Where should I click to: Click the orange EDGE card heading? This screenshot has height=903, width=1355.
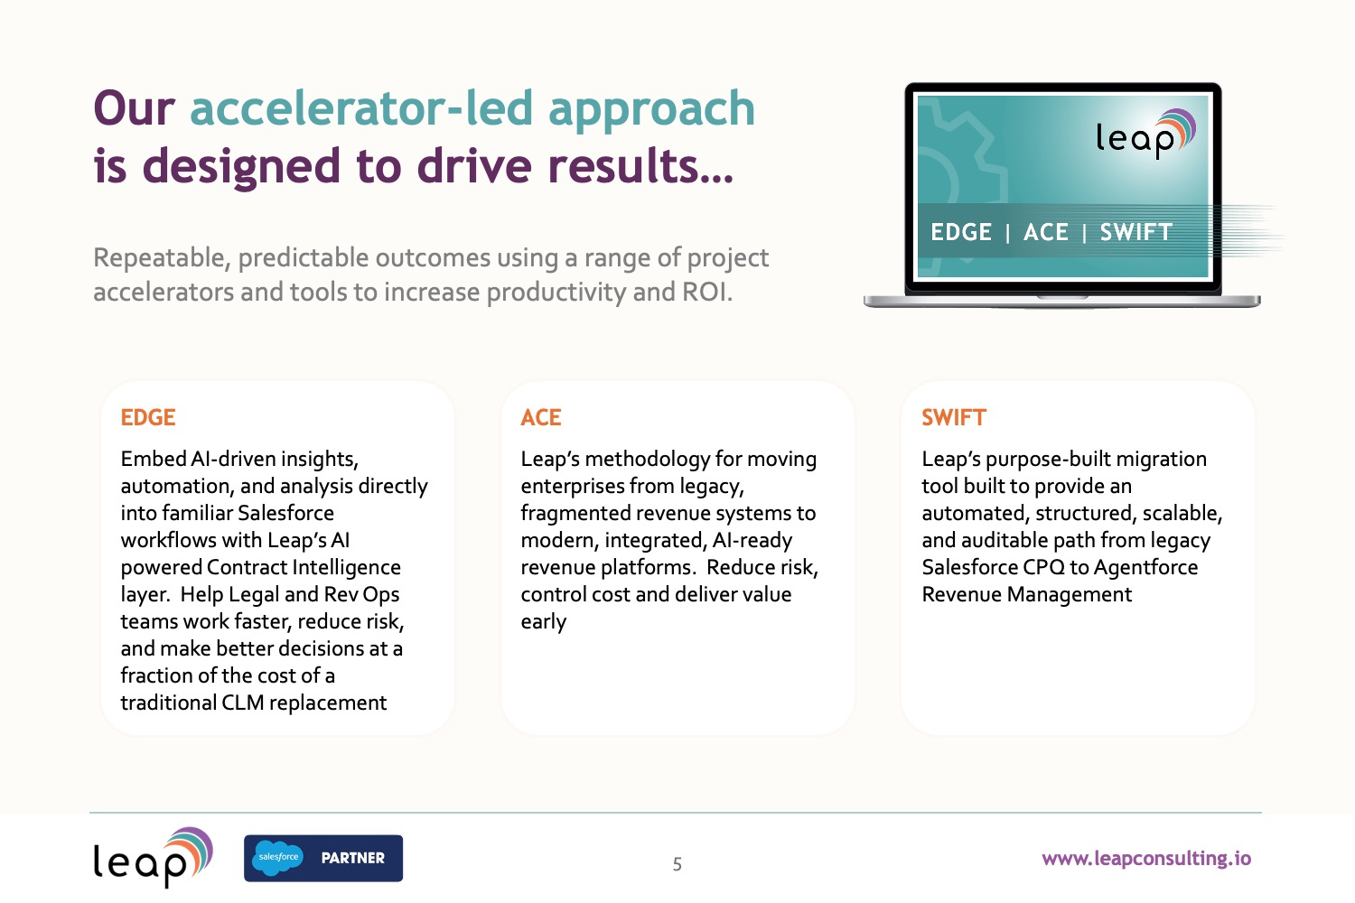pyautogui.click(x=148, y=417)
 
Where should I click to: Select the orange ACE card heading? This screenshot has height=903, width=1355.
pyautogui.click(x=541, y=417)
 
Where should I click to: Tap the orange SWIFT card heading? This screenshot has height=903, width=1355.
pyautogui.click(x=954, y=417)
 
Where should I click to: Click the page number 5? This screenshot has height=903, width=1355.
pyautogui.click(x=677, y=864)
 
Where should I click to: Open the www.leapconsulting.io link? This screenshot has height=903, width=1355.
pyautogui.click(x=1146, y=859)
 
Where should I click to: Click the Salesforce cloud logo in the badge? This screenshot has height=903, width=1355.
pyautogui.click(x=277, y=857)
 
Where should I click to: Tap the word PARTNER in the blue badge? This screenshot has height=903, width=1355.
pyautogui.click(x=352, y=858)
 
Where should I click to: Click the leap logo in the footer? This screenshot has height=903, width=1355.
pyautogui.click(x=153, y=857)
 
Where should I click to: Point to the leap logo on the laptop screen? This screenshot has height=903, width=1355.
pyautogui.click(x=1145, y=134)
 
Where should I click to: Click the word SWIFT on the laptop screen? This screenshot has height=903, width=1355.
pyautogui.click(x=1136, y=232)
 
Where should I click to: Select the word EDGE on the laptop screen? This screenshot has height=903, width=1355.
pyautogui.click(x=961, y=232)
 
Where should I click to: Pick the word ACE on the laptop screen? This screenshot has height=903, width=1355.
pyautogui.click(x=1046, y=232)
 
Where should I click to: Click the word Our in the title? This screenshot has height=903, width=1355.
pyautogui.click(x=135, y=109)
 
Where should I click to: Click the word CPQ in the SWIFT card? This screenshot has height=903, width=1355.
pyautogui.click(x=1044, y=567)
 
